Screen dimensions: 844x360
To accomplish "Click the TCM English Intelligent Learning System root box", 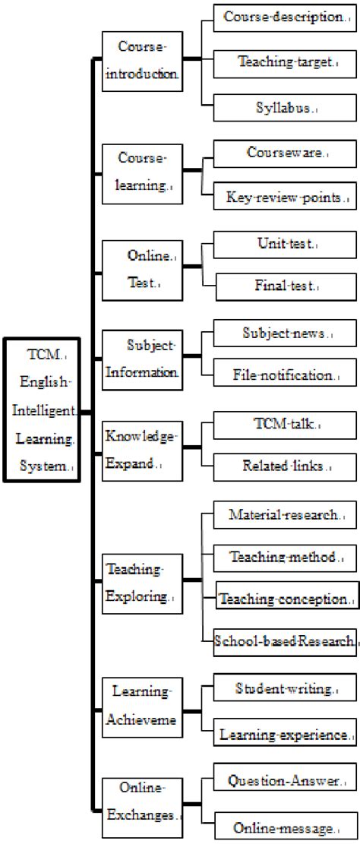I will coord(42,410).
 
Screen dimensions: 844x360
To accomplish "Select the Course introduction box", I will coord(142,62).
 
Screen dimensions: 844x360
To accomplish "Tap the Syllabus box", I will coord(283,108).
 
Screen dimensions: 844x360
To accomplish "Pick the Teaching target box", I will coord(283,63).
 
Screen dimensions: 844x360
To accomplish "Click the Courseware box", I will coord(285,153).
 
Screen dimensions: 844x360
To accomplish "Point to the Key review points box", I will coord(285,197).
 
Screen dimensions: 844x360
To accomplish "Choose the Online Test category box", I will coord(142,270).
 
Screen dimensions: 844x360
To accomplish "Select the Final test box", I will coord(285,287).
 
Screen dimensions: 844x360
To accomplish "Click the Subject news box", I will coord(285,332).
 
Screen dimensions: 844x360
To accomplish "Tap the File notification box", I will coord(285,375).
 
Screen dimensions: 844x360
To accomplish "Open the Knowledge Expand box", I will coord(142,450).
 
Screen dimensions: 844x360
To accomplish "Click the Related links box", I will coord(285,464).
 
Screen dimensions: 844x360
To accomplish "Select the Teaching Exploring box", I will coord(142,583).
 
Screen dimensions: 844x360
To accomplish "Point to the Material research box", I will coord(285,516).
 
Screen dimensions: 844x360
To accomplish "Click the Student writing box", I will coord(285,690).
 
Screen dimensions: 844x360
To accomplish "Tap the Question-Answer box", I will coord(285,780).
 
